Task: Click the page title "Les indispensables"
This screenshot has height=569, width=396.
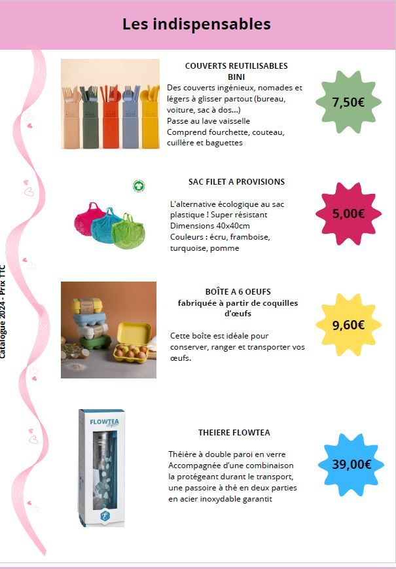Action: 196,24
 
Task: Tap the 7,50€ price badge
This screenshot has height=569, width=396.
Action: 348,102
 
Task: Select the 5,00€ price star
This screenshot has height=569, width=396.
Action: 348,213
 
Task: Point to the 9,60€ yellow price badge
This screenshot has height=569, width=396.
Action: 348,325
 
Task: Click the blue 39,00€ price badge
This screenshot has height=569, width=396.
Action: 351,465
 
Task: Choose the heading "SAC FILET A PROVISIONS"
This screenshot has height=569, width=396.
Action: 236,181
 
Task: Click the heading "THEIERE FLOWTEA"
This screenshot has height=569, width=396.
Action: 234,433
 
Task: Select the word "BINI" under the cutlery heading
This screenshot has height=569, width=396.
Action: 236,77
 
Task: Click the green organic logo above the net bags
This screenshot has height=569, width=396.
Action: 139,186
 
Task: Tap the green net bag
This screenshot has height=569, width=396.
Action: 133,229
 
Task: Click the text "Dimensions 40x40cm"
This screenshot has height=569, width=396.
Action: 209,225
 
